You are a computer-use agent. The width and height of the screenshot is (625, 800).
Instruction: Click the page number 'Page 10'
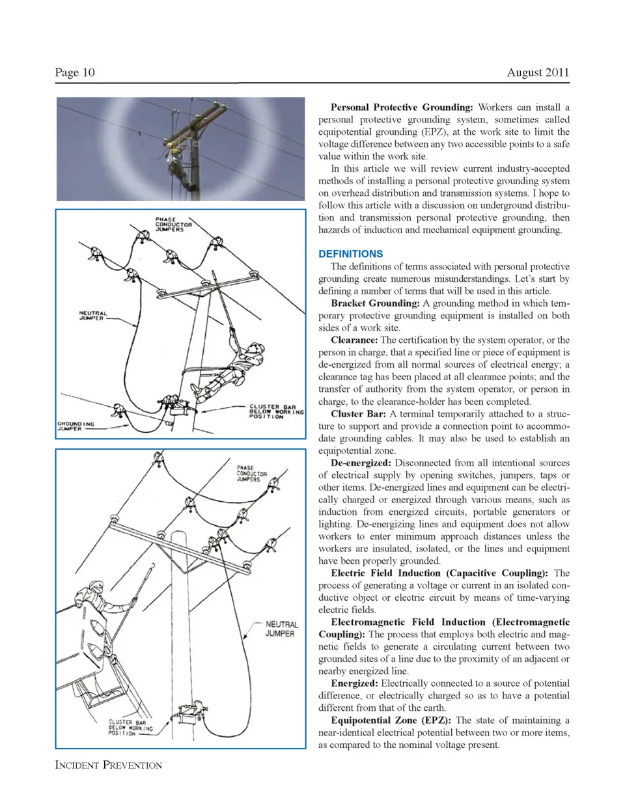click(75, 72)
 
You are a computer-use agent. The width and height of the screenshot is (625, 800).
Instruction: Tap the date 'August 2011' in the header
click(538, 72)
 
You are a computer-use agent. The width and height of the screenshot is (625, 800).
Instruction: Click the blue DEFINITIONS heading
click(350, 254)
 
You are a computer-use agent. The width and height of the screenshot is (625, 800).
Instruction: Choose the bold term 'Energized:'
click(355, 683)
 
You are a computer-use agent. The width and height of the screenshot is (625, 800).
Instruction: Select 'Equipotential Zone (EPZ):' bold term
click(391, 721)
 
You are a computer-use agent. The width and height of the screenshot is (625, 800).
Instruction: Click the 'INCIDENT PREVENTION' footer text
click(109, 765)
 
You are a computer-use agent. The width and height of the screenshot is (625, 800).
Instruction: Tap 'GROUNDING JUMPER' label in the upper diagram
click(75, 426)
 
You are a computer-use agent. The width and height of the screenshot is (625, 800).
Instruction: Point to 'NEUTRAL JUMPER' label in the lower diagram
click(281, 629)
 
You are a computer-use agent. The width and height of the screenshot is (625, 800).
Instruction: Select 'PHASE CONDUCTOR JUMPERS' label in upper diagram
click(174, 225)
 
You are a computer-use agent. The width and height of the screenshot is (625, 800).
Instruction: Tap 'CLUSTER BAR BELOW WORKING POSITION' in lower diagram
click(130, 728)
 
